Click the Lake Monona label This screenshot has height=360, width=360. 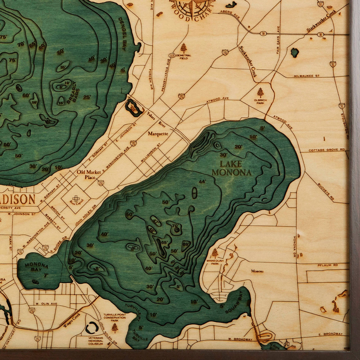231,168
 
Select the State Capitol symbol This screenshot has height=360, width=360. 75,198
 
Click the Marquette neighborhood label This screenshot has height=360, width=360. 158,134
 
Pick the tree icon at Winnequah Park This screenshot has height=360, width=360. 215,253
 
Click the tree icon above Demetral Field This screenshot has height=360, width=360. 183,47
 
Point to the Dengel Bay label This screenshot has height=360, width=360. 122,33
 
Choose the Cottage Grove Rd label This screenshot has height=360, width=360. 326,150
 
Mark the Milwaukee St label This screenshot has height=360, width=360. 306,76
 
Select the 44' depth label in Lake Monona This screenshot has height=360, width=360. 202,181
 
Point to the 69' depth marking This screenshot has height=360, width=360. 186,245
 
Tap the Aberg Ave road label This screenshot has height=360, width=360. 230,14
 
